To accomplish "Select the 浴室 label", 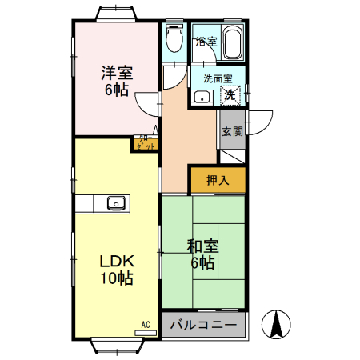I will point(206,42).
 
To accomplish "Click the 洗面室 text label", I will point(218,78).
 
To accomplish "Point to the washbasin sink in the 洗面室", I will point(201,98).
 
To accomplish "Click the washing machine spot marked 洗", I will point(230,96).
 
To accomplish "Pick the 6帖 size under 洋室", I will point(117,90).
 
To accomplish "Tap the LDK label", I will point(116,261).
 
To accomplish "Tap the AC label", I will point(146,324).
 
